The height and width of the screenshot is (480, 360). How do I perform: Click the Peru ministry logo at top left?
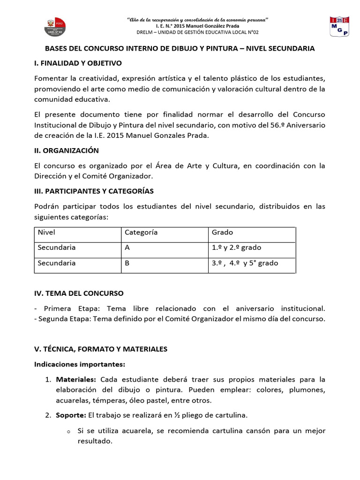pos(55,26)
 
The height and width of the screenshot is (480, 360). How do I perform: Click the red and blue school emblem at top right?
pos(338,27)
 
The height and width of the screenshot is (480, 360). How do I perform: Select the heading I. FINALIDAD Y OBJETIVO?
pos(78,63)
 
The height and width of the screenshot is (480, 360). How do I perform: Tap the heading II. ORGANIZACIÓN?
pos(67,150)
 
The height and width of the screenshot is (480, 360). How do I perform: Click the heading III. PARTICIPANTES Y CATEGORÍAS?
pos(94,191)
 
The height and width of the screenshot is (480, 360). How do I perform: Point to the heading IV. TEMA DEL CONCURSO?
pos(79,293)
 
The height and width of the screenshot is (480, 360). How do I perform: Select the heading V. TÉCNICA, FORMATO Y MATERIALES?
pos(101,349)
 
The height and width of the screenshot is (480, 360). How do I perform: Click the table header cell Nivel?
pos(46,232)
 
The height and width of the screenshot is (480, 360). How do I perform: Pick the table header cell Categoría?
pos(141,232)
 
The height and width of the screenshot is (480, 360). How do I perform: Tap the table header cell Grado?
pos(222,232)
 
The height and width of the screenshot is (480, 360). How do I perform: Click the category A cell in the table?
pos(127,247)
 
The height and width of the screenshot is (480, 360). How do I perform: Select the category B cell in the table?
pos(127,263)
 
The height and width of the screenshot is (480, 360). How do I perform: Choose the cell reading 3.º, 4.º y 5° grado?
pos(245,263)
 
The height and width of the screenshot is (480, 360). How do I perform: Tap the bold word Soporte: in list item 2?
pos(71,415)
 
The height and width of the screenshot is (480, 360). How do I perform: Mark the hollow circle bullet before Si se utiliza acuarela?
pos(68,431)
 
